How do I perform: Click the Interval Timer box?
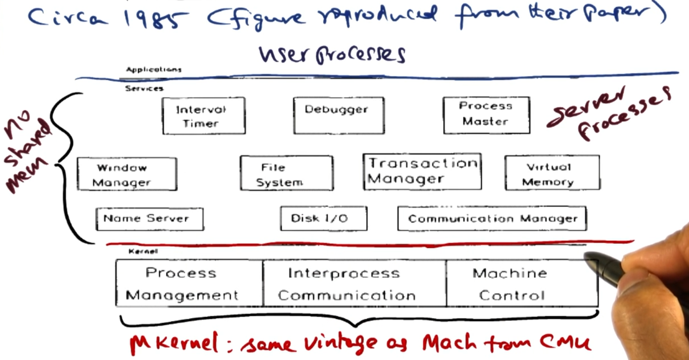click(x=204, y=116)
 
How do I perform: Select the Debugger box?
click(x=339, y=116)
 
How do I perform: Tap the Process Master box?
click(x=486, y=116)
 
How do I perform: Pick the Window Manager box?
click(x=127, y=174)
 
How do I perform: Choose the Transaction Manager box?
click(x=422, y=172)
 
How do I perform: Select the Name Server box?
click(x=149, y=219)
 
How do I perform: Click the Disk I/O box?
click(x=323, y=219)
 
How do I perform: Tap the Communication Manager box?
click(x=492, y=219)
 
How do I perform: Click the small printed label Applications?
click(x=154, y=70)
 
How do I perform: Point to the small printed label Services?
click(x=144, y=89)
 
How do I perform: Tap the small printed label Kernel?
click(x=143, y=252)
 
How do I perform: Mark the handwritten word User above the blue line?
click(x=283, y=54)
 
